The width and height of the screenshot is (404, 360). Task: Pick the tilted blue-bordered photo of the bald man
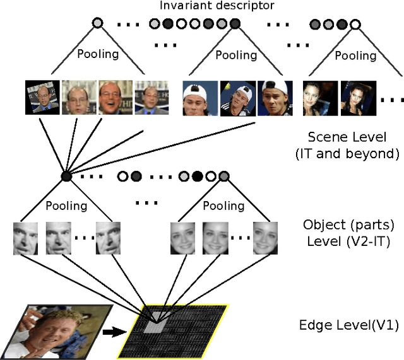pos(42,97)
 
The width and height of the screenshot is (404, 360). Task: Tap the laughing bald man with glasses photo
pos(116,97)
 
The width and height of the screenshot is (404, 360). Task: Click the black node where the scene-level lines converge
pos(65,177)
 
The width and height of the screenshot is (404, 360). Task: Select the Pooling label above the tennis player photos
pos(236,54)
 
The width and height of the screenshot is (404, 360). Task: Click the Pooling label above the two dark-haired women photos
pos(355,55)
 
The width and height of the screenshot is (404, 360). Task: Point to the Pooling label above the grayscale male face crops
pos(66,205)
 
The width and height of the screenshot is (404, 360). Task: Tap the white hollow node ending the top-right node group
pos(355,25)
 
